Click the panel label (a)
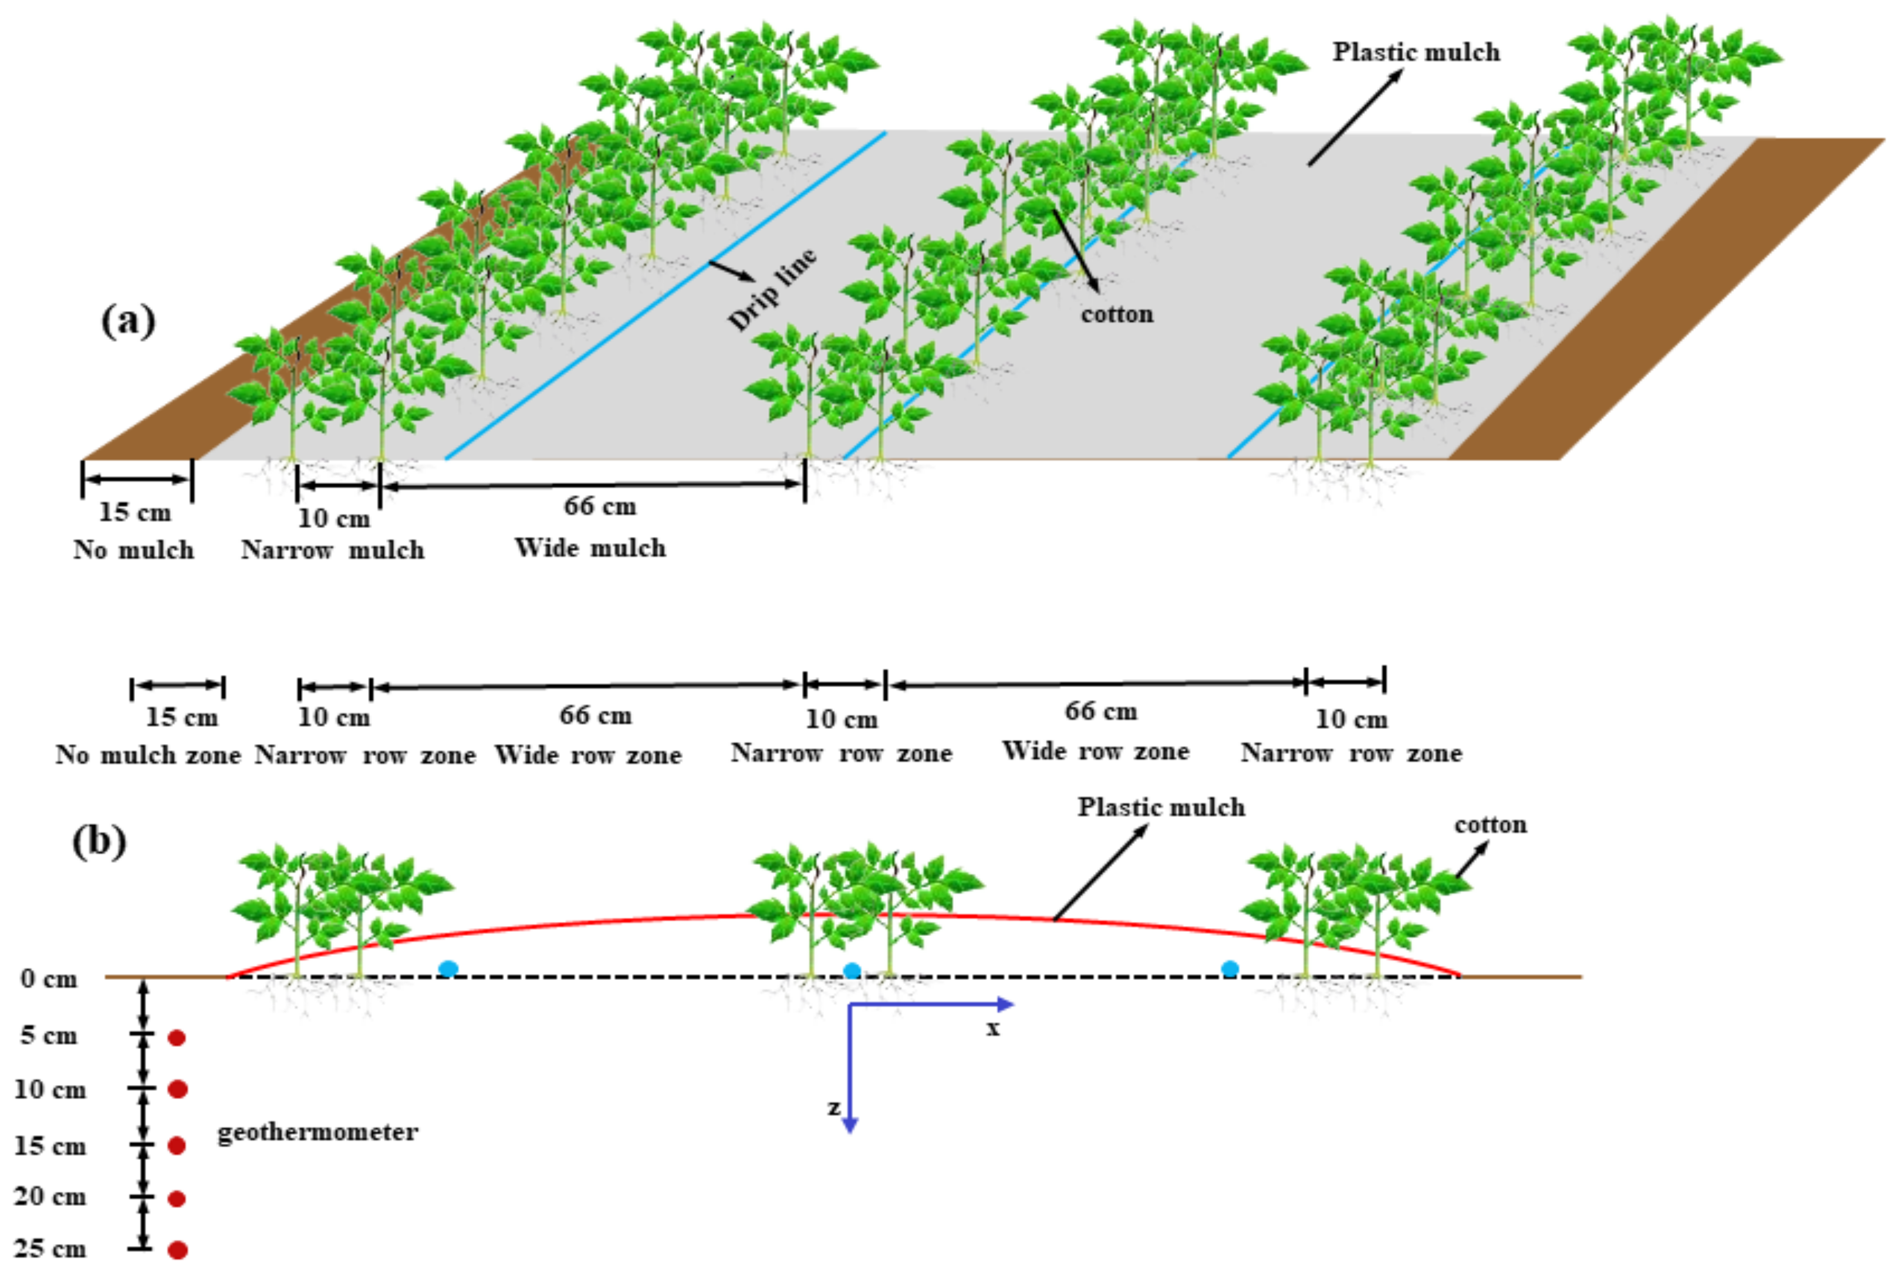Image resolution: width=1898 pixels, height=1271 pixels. [128, 321]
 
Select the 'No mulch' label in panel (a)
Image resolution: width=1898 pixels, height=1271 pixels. [134, 550]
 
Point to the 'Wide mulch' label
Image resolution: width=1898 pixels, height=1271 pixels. [590, 548]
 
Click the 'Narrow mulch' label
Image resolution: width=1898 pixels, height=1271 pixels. [332, 550]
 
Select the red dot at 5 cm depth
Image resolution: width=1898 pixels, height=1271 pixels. [177, 1037]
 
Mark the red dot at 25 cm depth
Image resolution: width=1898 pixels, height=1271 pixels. [178, 1250]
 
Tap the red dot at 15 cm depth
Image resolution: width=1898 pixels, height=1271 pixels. [177, 1145]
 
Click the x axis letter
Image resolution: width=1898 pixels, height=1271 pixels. [993, 1029]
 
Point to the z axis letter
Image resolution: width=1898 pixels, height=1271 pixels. [833, 1107]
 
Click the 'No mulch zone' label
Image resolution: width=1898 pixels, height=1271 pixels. [148, 755]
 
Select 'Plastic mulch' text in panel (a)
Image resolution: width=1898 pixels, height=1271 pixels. [1416, 52]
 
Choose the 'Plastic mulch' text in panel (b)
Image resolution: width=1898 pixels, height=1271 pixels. [1161, 807]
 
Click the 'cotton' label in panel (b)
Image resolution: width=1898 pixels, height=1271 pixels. [1490, 824]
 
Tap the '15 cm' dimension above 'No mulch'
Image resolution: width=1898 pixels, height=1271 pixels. [134, 512]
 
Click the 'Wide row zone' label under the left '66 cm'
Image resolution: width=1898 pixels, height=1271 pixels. [588, 755]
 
